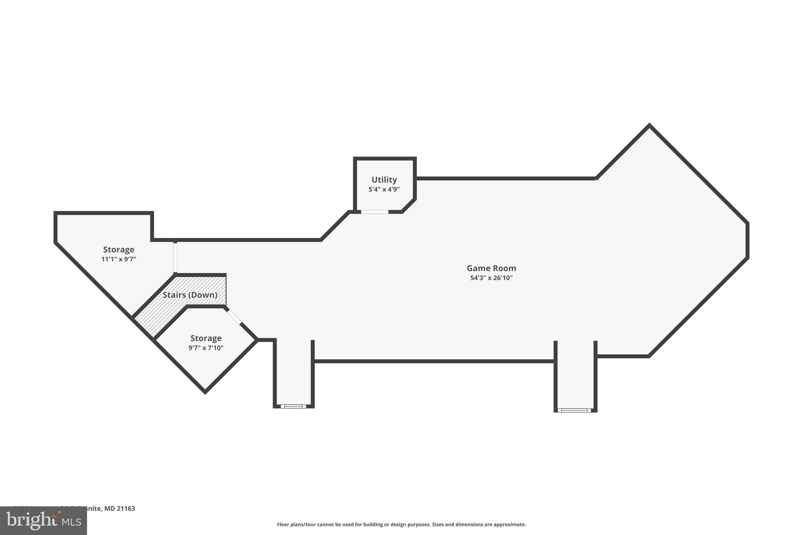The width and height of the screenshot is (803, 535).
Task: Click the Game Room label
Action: pos(491,268)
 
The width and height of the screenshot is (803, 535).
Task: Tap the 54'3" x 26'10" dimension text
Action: pos(491,278)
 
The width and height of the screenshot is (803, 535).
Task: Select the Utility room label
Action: pos(384,180)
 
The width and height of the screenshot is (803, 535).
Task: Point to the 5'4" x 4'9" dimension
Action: pos(384,189)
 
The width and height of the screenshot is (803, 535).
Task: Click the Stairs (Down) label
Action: pos(190,295)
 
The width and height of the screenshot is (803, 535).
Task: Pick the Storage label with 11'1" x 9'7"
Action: pos(119,250)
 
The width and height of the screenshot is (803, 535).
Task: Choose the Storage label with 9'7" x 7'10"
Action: pos(206,338)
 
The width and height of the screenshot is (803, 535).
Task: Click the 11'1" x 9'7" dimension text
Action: pos(119,259)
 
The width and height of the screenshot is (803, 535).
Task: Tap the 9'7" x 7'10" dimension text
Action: pos(206,348)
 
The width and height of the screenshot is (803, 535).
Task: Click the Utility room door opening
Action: pos(374,212)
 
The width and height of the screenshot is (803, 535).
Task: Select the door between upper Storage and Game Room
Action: pos(175,258)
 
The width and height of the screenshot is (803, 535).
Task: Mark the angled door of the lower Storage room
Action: pos(234,317)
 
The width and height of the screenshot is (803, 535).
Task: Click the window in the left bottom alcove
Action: pos(293,406)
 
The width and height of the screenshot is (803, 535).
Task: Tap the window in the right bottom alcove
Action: pos(575,410)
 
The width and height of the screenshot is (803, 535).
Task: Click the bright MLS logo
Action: pos(43,521)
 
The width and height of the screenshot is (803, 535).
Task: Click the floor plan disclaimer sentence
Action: pos(401,524)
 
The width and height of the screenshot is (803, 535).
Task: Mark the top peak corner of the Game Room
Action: pos(649,125)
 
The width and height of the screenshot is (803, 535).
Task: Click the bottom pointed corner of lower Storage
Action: pos(205,392)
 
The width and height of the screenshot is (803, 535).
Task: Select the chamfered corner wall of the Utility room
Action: pos(409,206)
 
